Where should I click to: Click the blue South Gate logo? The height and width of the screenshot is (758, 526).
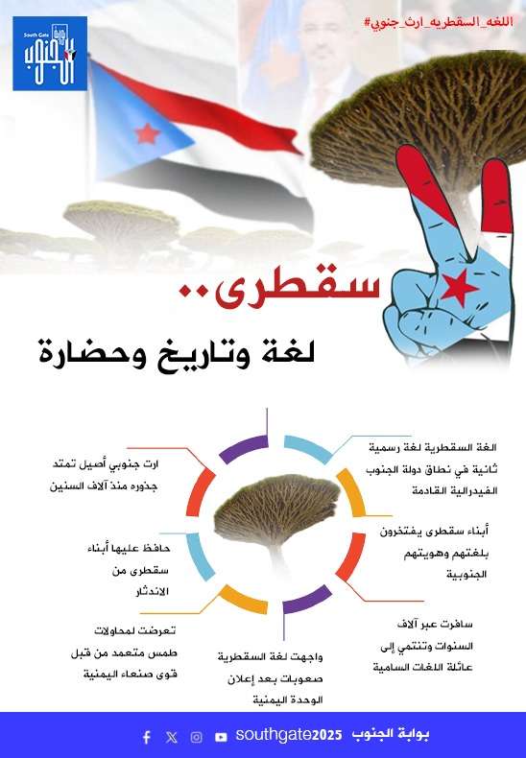[50, 54]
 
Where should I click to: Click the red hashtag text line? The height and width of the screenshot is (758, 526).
[438, 22]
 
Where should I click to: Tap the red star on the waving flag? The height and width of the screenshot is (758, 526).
[147, 134]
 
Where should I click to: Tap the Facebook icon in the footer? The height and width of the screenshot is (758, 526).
[147, 737]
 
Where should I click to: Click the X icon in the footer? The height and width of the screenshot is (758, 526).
[171, 737]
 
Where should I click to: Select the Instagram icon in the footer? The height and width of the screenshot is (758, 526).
[196, 737]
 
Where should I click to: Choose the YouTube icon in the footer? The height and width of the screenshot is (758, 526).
[221, 737]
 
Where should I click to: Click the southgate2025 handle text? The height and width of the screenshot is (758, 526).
[289, 735]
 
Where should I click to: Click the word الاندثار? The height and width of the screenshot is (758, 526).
[152, 593]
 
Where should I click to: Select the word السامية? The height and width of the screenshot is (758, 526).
[392, 668]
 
